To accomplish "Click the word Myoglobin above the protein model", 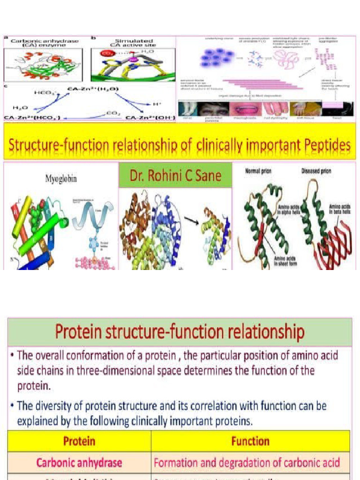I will (61, 179).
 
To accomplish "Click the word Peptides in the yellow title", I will (324, 146).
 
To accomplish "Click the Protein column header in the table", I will (79, 441).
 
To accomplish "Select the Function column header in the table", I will (250, 441).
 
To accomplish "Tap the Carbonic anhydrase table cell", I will (79, 463).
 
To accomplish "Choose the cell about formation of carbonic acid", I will (247, 463).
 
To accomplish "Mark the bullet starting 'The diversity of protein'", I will (171, 412).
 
